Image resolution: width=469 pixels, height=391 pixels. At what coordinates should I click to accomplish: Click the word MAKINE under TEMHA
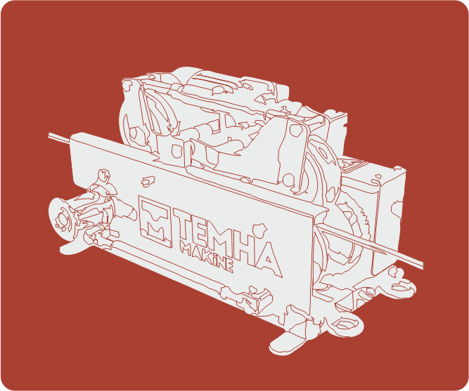coord(207,256)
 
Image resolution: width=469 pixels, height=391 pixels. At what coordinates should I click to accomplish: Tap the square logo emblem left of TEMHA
coord(155,221)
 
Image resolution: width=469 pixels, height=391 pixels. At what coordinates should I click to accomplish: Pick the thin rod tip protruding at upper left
coord(50,135)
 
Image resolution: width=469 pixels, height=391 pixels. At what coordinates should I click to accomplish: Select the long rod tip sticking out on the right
coord(420,265)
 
